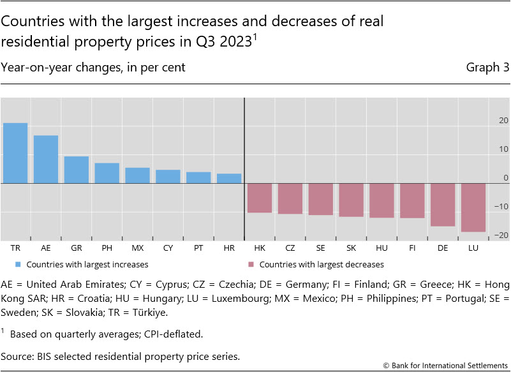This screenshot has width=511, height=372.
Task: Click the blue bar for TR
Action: (x=15, y=153)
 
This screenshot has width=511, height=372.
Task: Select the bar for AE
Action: (x=46, y=160)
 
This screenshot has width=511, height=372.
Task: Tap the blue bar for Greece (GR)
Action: (x=77, y=170)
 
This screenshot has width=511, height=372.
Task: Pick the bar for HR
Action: (x=229, y=179)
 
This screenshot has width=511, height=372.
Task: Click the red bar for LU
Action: (x=473, y=207)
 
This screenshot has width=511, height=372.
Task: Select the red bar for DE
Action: (x=442, y=205)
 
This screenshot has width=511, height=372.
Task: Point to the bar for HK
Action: (x=260, y=198)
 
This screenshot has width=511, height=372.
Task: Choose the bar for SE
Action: (x=320, y=199)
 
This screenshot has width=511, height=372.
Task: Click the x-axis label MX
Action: (x=137, y=246)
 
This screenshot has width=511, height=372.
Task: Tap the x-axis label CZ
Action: (x=290, y=246)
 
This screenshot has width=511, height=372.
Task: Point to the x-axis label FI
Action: (x=411, y=246)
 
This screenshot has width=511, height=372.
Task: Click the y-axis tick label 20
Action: (x=503, y=121)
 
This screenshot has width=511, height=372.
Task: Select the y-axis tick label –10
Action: (x=502, y=207)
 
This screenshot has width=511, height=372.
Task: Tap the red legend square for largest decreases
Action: (x=249, y=264)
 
